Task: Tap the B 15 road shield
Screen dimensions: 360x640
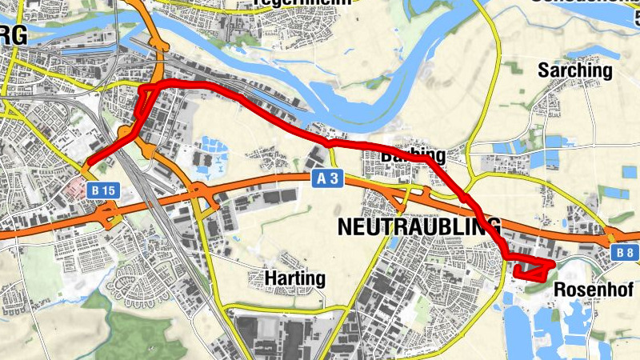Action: point(99,190)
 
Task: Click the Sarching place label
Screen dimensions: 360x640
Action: point(574,70)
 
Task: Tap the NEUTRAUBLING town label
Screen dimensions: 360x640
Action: point(419,227)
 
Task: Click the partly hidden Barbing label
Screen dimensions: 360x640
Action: point(412,154)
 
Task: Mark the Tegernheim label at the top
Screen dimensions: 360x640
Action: point(291,3)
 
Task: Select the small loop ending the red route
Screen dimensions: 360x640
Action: point(533,269)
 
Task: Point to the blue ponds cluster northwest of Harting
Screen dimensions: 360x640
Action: point(209,151)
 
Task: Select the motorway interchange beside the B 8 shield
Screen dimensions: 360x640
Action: point(612,236)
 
